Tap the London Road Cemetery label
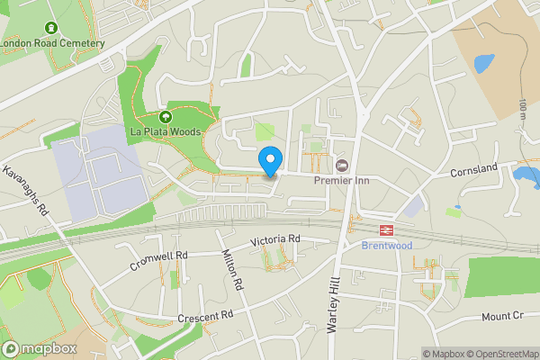tap(52, 42)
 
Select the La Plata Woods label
tap(166, 131)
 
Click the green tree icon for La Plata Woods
tap(166, 117)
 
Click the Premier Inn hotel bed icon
tap(342, 165)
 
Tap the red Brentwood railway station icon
tap(387, 230)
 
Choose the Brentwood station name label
tap(387, 245)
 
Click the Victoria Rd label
tap(274, 239)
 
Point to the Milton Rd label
tap(233, 269)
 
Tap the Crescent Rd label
tap(205, 315)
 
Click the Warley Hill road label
tap(333, 306)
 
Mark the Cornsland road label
tap(474, 169)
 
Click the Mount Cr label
tap(502, 317)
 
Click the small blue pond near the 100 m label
tap(483, 63)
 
